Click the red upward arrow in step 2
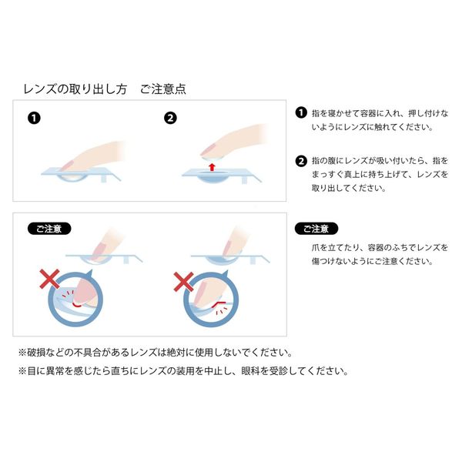point(212,167)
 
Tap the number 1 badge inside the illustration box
point(34,118)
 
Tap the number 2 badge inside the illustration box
point(170,118)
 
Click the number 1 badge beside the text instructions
point(301,113)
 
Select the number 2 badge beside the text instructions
point(301,161)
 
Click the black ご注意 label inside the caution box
point(49,229)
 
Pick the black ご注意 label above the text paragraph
point(316,229)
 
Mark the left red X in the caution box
point(49,279)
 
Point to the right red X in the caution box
point(183,282)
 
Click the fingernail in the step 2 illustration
point(207,151)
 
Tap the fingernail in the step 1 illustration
point(67,166)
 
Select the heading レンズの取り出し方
point(75,89)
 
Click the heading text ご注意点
point(163,89)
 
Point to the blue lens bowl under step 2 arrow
point(212,177)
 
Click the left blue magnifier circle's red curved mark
point(76,304)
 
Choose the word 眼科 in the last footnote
point(250,370)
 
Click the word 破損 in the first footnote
point(36,352)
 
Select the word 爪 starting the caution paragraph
point(316,247)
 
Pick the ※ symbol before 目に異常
point(22,370)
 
